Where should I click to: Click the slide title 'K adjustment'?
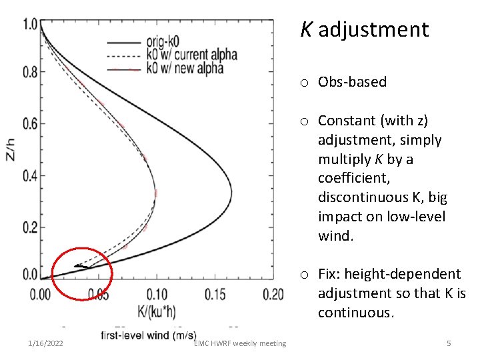364,30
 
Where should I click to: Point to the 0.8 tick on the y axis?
31,73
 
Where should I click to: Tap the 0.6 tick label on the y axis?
31,124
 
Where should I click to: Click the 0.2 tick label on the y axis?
31,228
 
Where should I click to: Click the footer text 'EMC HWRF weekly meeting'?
240,343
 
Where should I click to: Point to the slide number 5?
449,343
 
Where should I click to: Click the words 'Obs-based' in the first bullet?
352,82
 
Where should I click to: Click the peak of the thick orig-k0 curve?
231,194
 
